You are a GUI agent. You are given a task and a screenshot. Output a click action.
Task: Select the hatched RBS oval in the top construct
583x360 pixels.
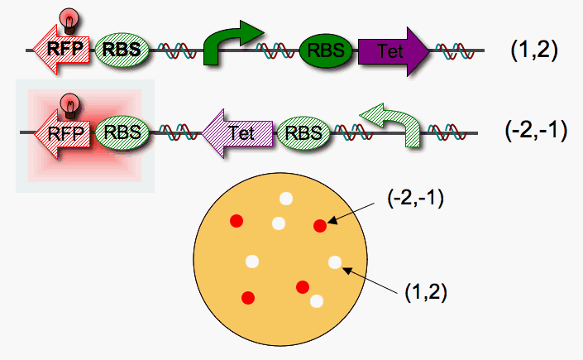pyautogui.click(x=123, y=51)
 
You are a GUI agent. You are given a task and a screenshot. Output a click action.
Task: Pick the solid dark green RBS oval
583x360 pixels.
pyautogui.click(x=325, y=51)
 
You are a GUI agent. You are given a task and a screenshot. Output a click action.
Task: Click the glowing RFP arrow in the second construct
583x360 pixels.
pyautogui.click(x=66, y=131)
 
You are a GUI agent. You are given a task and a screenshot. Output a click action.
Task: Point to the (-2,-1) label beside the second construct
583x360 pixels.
pyautogui.click(x=534, y=131)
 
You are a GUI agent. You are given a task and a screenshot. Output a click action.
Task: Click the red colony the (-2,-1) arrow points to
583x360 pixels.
pyautogui.click(x=320, y=226)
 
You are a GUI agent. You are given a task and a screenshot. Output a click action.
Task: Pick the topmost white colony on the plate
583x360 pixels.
pyautogui.click(x=286, y=199)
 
